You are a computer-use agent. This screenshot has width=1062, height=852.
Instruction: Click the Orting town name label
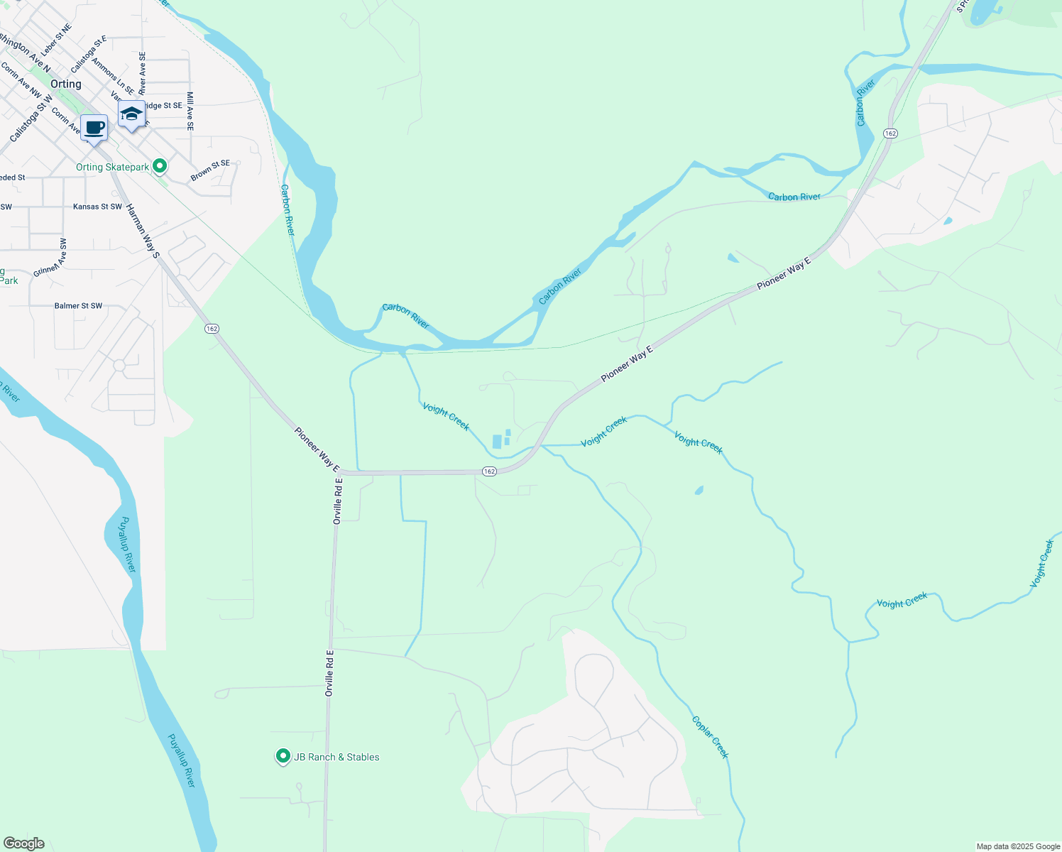[66, 84]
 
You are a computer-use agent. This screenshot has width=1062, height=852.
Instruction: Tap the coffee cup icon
[94, 129]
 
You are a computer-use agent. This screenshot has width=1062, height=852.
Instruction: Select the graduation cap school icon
[131, 114]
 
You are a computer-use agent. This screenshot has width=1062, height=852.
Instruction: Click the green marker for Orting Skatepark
[160, 166]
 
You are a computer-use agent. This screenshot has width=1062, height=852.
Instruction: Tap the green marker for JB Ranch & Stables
[283, 756]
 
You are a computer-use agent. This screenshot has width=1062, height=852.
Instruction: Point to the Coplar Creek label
[710, 737]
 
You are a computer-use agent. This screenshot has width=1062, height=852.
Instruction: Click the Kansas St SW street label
[97, 207]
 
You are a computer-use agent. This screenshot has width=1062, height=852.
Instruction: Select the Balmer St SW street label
[78, 306]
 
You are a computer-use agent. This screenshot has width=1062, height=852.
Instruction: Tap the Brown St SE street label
[210, 169]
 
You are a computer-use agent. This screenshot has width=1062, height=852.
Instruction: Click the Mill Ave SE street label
[190, 111]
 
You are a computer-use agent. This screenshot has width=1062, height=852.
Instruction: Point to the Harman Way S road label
[143, 231]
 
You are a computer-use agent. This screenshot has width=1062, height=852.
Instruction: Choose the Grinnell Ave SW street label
[50, 258]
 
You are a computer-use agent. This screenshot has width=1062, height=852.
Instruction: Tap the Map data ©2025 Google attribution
[1017, 846]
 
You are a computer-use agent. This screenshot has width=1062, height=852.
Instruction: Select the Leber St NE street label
[56, 40]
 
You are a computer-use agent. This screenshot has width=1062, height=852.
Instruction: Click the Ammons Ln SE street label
[113, 77]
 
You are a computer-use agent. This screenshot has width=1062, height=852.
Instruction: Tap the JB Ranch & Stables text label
[336, 757]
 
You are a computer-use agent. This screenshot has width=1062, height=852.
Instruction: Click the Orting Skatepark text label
[113, 168]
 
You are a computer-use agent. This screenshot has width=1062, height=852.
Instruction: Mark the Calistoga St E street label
[89, 54]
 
